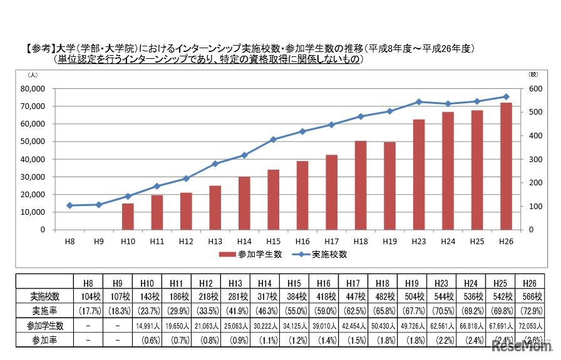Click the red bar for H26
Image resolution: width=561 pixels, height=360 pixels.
coord(506,166)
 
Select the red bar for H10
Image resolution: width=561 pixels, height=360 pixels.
coord(128,217)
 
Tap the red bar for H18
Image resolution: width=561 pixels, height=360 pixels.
coord(360,185)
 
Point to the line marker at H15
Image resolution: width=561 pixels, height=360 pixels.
coord(273,140)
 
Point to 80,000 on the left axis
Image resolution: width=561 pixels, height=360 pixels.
coord(33,89)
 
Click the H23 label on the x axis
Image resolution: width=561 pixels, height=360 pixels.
coord(419,240)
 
